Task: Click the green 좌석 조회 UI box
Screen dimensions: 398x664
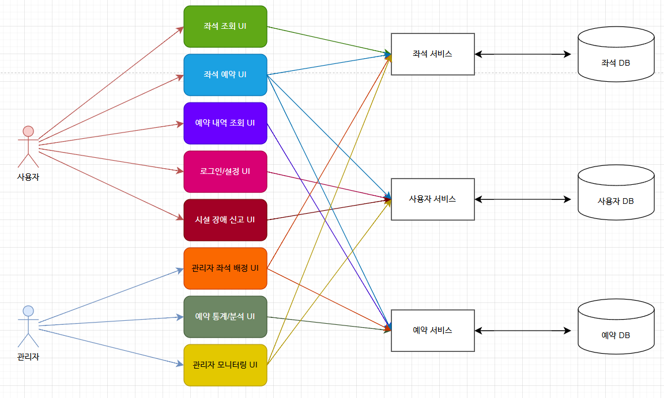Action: [x=225, y=26]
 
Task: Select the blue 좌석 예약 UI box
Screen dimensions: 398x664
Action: [x=225, y=75]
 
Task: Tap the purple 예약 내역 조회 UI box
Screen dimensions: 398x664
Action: [x=225, y=123]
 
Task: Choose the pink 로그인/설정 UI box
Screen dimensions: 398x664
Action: [x=225, y=172]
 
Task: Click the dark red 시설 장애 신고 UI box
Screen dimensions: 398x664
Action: [x=225, y=220]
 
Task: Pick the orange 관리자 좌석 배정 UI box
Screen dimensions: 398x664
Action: [x=225, y=268]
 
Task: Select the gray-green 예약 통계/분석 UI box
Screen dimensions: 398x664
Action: [x=225, y=317]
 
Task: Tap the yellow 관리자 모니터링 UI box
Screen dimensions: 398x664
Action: [x=225, y=365]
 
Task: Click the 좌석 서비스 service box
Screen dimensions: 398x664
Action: [x=432, y=54]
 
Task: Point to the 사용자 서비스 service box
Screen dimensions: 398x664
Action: [x=432, y=199]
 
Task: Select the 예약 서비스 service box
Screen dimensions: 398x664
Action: [x=432, y=331]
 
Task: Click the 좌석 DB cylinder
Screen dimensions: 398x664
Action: [x=616, y=55]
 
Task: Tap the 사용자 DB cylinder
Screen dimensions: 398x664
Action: [x=616, y=194]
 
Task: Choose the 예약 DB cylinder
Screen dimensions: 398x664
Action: [x=616, y=327]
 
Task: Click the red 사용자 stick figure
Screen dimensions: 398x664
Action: [x=28, y=146]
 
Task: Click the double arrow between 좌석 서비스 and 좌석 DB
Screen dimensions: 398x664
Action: [x=523, y=54]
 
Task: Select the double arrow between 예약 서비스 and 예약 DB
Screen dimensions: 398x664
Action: [x=523, y=331]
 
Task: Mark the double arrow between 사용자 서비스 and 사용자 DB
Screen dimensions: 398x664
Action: [x=523, y=199]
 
